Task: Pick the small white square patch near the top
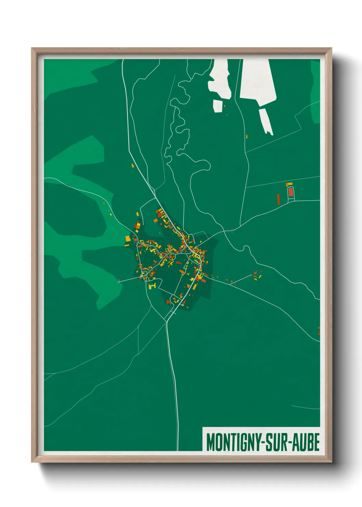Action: click(218, 106)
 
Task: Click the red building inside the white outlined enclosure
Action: click(291, 192)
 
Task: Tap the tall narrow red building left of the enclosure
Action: click(279, 199)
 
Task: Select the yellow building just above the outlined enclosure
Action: click(289, 185)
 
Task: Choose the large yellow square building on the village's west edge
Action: click(128, 238)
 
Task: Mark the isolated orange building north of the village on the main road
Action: click(132, 166)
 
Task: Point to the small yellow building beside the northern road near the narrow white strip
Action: click(247, 136)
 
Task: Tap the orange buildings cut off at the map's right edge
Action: click(319, 331)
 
